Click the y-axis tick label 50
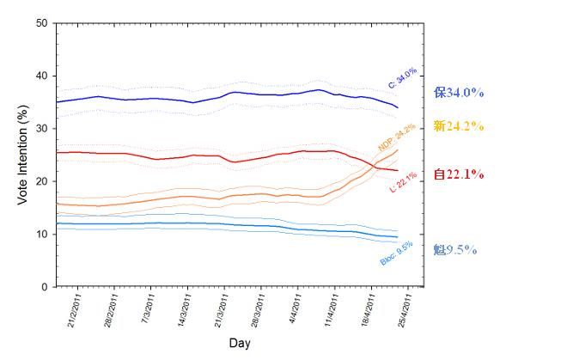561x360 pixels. coord(41,23)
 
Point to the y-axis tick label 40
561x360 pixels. coord(41,76)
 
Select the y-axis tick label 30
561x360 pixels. coord(41,129)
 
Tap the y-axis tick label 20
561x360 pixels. coord(41,181)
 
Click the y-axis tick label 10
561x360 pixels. coord(41,234)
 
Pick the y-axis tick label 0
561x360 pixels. coord(45,287)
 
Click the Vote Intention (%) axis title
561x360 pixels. coord(24,155)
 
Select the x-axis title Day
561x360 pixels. coord(240,343)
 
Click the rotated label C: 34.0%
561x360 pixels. coord(402,78)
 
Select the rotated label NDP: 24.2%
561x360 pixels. coord(396,137)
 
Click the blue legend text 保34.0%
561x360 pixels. coord(459,92)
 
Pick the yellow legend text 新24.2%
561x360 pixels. coord(459,126)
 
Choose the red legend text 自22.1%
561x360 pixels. coord(459,174)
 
